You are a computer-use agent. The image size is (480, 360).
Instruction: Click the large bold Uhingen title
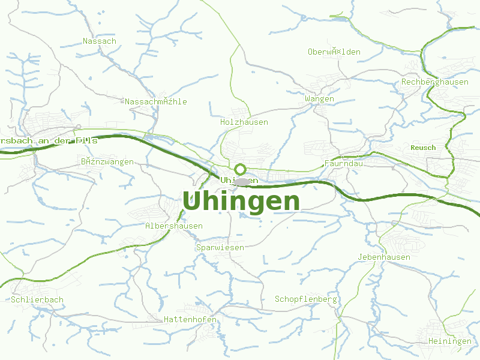241,202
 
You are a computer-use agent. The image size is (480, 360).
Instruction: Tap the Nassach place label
100,41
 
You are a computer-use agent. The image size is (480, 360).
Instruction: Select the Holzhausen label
244,122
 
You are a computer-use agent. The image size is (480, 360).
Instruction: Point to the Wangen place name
319,98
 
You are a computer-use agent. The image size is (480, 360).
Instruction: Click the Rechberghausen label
435,82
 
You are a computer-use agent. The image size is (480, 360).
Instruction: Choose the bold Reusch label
423,148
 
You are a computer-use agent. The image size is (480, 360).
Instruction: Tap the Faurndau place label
344,163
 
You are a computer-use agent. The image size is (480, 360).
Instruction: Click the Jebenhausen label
384,257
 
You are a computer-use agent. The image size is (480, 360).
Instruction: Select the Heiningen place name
450,341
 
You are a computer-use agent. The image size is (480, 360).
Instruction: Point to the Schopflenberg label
306,299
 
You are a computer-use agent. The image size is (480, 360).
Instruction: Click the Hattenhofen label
190,320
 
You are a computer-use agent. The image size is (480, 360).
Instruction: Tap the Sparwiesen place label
220,247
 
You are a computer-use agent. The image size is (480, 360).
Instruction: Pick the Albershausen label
174,226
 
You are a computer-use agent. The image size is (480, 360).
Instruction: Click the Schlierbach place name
37,299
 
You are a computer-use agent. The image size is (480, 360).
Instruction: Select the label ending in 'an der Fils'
48,140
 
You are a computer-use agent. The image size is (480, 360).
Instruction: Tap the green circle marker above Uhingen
240,169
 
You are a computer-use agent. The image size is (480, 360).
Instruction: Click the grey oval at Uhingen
242,181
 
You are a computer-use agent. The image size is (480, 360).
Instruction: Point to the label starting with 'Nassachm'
156,102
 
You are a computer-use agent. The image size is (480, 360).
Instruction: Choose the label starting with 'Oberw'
334,52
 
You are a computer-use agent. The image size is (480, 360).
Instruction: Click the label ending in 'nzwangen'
107,162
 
